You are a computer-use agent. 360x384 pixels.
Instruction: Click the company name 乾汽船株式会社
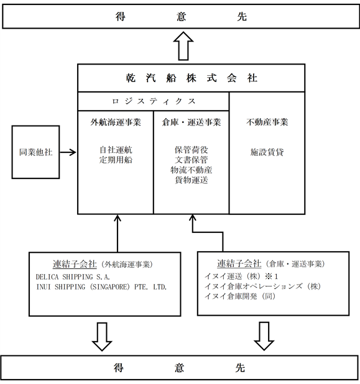(192, 78)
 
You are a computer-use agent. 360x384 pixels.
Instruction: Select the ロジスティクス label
(154, 101)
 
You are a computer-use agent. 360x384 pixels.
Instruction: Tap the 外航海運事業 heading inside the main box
(116, 122)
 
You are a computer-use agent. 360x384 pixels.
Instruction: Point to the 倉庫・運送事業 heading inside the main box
(192, 122)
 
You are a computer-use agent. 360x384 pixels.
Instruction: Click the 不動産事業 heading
(267, 122)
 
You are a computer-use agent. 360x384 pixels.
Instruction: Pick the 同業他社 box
(36, 152)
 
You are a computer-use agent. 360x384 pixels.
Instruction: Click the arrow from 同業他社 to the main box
(68, 152)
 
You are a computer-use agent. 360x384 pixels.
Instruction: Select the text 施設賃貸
(267, 152)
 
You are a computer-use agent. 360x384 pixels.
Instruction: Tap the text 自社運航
(116, 150)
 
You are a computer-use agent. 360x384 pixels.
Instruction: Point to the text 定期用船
(116, 160)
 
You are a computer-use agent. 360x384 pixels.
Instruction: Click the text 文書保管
(192, 160)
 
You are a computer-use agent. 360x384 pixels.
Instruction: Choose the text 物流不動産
(192, 170)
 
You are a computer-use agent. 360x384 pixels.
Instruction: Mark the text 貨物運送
(192, 180)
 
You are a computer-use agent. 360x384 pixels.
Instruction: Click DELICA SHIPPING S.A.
(73, 277)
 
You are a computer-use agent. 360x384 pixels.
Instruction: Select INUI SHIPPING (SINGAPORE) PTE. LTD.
(101, 287)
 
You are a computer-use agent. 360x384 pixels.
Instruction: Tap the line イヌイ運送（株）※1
(241, 277)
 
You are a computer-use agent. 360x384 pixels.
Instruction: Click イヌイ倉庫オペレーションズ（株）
(263, 286)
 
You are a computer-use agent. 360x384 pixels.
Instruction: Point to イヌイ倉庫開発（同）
(240, 296)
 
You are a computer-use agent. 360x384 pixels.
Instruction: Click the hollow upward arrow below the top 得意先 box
(183, 46)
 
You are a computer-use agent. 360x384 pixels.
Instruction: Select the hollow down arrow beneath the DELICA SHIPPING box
(102, 337)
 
